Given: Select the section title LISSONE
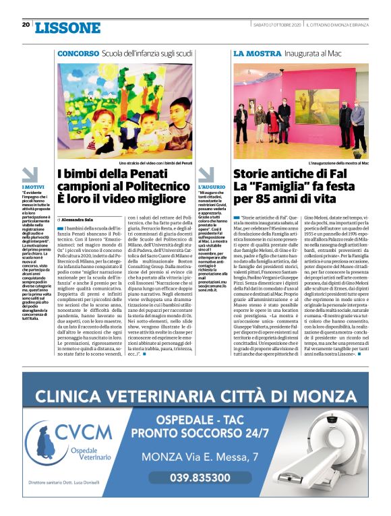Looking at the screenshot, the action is click(67, 28).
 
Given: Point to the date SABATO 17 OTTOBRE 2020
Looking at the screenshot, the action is click(276, 26).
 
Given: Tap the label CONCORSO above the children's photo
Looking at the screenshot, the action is click(78, 53).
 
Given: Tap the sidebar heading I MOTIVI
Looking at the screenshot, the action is click(33, 186).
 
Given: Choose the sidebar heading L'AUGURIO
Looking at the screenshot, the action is click(210, 186).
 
